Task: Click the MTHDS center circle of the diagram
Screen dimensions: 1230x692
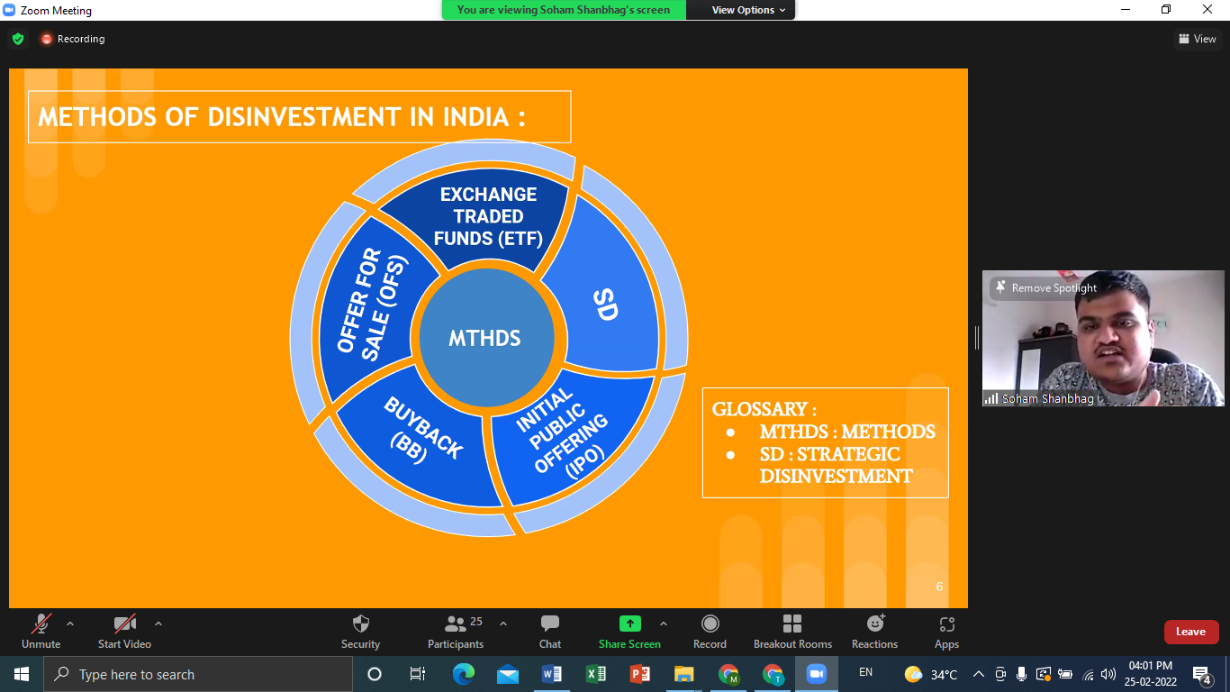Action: tap(486, 338)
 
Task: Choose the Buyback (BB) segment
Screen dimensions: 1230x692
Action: tap(421, 440)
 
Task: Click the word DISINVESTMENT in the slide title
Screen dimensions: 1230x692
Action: tap(303, 117)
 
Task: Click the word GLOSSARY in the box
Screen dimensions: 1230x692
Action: tap(759, 409)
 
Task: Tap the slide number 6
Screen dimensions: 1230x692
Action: tap(939, 587)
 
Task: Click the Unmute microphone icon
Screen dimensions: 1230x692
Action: tap(41, 624)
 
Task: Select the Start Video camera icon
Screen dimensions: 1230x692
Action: tap(124, 624)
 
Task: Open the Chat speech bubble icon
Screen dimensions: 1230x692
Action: tap(549, 624)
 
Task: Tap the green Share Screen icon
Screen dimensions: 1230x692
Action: tap(629, 624)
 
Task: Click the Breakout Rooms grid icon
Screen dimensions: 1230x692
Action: tap(791, 624)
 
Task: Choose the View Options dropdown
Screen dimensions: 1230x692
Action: tap(748, 10)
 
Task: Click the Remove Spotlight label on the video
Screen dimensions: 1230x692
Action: tap(1054, 288)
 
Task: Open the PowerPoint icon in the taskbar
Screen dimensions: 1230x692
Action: tap(639, 674)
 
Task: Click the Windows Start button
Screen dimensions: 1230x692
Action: tap(22, 674)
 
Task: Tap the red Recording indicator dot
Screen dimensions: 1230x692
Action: tap(47, 39)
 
